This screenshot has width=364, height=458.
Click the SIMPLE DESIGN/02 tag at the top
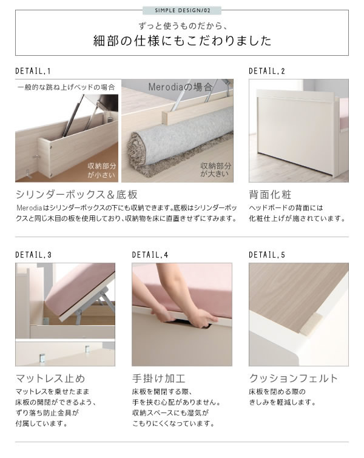[x=182, y=10]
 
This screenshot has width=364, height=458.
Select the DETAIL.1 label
[x=33, y=71]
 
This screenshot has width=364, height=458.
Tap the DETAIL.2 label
[x=267, y=71]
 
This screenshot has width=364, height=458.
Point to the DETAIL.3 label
[x=33, y=255]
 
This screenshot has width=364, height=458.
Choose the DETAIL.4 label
[x=150, y=255]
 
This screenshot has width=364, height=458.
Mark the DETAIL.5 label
[x=267, y=255]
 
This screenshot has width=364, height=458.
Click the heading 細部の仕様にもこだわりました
[x=182, y=41]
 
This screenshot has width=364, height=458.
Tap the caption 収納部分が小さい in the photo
[x=102, y=170]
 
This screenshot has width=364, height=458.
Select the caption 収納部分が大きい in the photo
[x=215, y=170]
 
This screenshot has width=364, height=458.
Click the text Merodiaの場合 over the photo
[x=180, y=87]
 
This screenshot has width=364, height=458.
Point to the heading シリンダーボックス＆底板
[x=76, y=195]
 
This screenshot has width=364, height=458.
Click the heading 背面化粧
[x=270, y=195]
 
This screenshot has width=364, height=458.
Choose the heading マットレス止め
[x=50, y=379]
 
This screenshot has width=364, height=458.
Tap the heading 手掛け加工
[x=158, y=379]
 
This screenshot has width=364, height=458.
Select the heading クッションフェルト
[x=293, y=379]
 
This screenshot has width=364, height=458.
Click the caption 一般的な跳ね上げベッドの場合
[x=66, y=87]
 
